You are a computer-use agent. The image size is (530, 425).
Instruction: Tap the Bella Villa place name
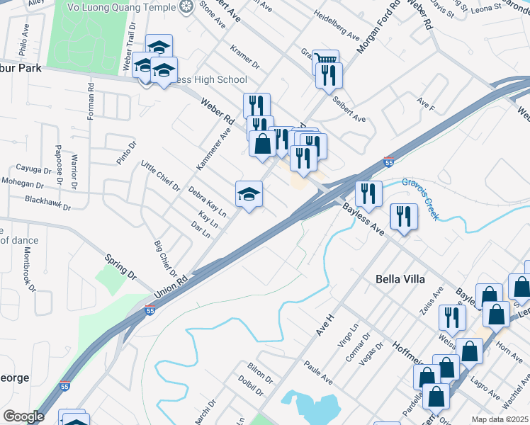coord(400,279)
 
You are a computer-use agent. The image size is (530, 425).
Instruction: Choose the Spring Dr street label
coord(120,265)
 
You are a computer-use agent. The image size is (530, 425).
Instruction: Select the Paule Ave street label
coord(317,375)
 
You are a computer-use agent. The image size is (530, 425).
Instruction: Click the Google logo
coord(23,416)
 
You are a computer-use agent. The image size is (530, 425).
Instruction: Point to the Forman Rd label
coord(91,102)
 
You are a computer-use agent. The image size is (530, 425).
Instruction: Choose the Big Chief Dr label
coord(164,259)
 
